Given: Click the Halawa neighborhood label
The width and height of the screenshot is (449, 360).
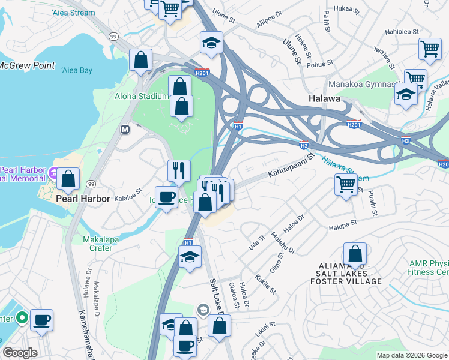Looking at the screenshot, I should [325, 98].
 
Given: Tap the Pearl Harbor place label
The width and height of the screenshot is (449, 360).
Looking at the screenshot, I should [83, 199].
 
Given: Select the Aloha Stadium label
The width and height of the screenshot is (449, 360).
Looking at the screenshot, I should [142, 96].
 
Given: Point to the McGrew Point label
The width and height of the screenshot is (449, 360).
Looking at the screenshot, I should [27, 66].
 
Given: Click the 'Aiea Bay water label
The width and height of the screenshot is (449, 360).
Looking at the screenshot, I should [77, 71].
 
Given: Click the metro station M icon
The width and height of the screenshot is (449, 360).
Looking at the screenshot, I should [125, 129].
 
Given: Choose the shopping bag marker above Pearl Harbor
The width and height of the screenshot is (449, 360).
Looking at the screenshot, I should [70, 178].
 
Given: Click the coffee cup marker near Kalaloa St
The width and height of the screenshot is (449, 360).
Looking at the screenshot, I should [166, 196].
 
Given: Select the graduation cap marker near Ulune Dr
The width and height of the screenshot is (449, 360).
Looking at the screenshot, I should [211, 43].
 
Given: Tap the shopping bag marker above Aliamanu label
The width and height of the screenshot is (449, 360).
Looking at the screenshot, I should [355, 253].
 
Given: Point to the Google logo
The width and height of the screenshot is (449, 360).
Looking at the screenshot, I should [20, 353].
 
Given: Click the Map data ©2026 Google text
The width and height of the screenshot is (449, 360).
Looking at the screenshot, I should [412, 355].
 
